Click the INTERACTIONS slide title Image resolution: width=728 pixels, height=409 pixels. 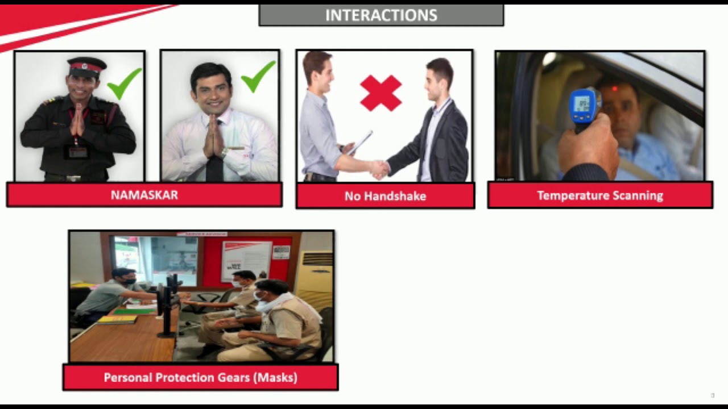click(x=381, y=15)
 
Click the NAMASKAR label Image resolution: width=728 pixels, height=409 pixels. click(x=144, y=195)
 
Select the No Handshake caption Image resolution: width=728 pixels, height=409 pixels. click(x=385, y=197)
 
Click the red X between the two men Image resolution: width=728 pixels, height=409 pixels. click(x=381, y=93)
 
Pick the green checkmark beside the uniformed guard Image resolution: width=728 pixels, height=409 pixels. click(x=124, y=83)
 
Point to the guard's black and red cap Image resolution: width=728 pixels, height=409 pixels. click(x=86, y=66)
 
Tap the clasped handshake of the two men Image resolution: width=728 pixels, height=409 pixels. click(x=379, y=168)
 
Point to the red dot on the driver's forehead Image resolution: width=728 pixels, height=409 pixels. click(x=614, y=89)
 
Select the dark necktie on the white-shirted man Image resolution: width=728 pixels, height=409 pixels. click(x=214, y=165)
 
